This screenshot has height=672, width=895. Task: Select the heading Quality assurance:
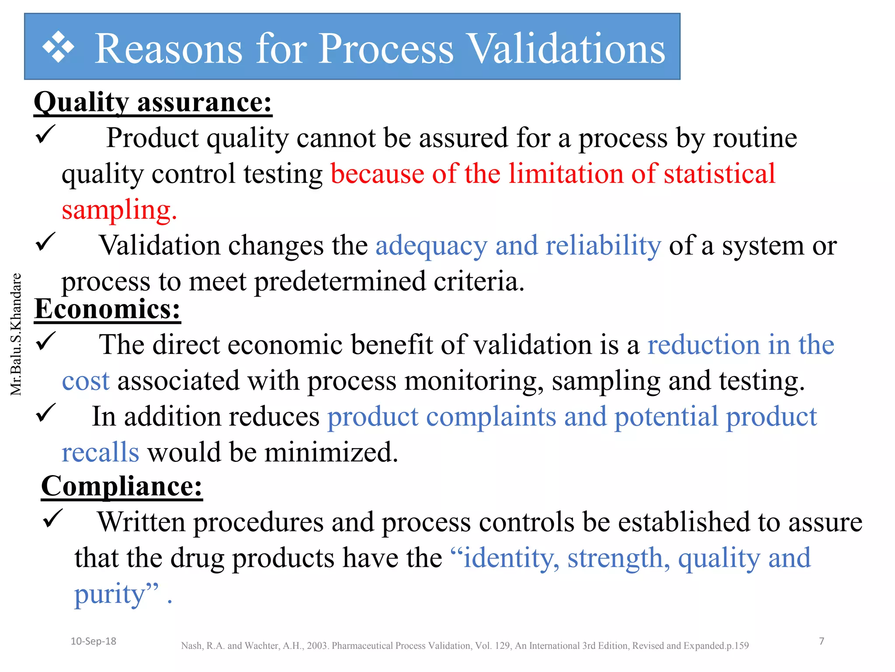(153, 102)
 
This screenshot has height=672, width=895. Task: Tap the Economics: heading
(108, 309)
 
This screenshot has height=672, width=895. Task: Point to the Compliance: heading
(122, 486)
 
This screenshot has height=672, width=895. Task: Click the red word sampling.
(119, 210)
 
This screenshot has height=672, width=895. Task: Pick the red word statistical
(719, 173)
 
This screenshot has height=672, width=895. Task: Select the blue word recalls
(101, 452)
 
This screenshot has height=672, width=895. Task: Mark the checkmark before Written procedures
(53, 518)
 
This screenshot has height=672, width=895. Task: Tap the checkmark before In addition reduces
(45, 413)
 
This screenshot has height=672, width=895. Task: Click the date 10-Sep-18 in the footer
(94, 641)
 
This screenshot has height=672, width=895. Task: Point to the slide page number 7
(822, 641)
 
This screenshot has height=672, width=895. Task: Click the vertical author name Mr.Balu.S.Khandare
(16, 334)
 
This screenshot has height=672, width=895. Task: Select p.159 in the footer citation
(737, 646)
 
